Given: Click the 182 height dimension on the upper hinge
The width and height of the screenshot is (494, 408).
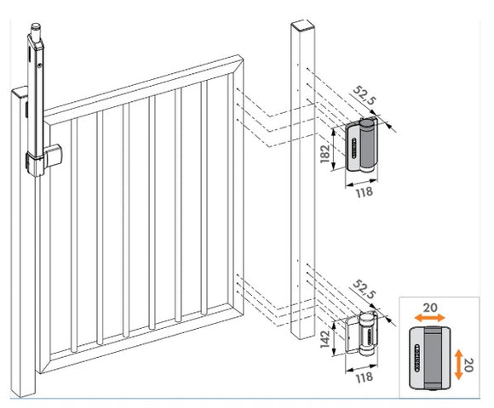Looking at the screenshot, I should pyautogui.click(x=338, y=152).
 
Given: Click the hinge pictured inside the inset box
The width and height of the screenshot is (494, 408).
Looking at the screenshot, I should pyautogui.click(x=433, y=356).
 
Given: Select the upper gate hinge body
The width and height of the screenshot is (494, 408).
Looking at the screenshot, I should pyautogui.click(x=364, y=150).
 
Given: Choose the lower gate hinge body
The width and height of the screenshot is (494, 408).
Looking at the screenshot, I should pyautogui.click(x=364, y=335).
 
